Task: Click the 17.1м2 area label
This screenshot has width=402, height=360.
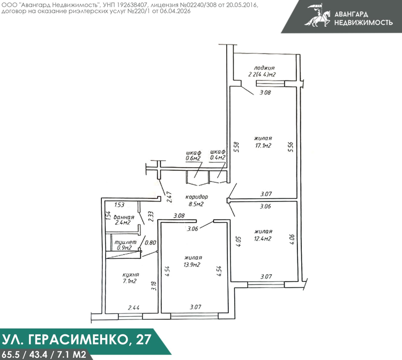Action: (x=263, y=146)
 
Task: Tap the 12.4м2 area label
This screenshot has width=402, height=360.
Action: (x=263, y=239)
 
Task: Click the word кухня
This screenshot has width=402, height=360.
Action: (x=131, y=275)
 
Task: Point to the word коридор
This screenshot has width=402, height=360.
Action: (x=197, y=197)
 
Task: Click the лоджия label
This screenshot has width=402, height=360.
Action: (x=264, y=68)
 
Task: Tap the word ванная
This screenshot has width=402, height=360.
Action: (x=124, y=217)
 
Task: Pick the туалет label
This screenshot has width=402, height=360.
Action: (x=125, y=242)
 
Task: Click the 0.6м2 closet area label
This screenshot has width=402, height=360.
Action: (x=193, y=159)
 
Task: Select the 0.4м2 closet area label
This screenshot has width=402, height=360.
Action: (x=218, y=157)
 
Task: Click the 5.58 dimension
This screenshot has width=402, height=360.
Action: (x=236, y=147)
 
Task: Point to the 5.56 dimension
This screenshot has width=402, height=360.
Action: (x=291, y=147)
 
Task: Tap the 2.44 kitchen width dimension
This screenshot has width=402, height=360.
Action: (x=133, y=307)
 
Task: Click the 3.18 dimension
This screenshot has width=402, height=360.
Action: (x=154, y=286)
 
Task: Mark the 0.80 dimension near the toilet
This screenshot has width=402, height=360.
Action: (x=150, y=242)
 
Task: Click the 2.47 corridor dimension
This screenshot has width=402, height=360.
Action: (x=169, y=197)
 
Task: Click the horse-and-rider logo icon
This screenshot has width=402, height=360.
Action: (x=318, y=16)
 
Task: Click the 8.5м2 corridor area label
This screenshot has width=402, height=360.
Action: (x=196, y=205)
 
